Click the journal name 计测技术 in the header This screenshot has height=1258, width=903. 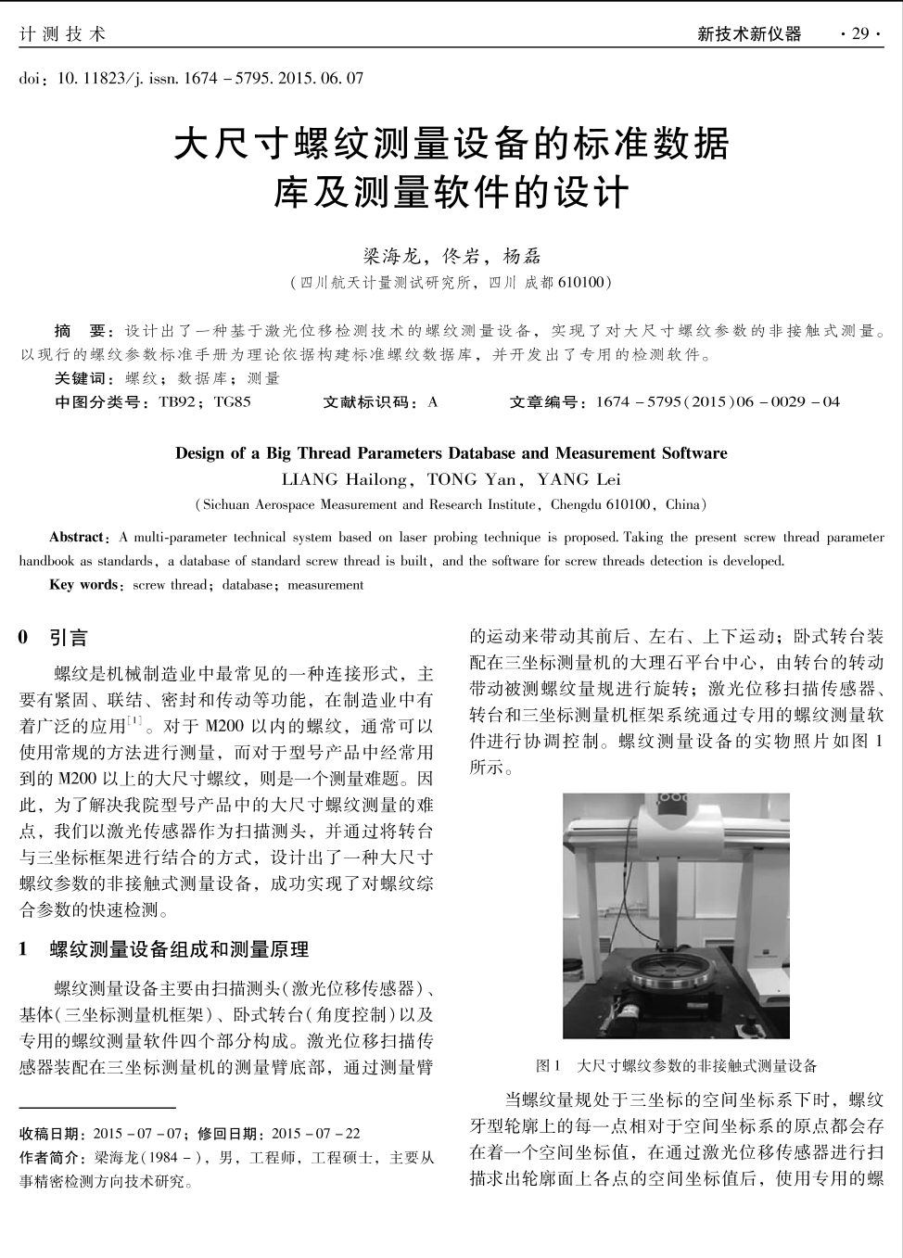coord(63,34)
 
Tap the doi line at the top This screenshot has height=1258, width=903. coord(191,78)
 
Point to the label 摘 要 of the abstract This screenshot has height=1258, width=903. coord(82,331)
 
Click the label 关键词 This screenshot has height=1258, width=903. coord(82,378)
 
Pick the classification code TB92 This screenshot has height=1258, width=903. coord(177,401)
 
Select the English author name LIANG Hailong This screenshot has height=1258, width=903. coord(344,479)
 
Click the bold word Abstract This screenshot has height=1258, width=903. coord(77,537)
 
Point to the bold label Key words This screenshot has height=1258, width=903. coord(83,585)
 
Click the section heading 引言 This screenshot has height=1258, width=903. coord(69,638)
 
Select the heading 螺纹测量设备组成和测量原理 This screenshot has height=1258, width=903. coord(179,949)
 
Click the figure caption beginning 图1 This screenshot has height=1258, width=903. coord(676,1066)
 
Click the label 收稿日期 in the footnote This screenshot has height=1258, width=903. coord(52,1134)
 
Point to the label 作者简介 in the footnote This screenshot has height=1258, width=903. coord(52,1158)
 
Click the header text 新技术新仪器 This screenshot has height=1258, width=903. coord(749,34)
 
